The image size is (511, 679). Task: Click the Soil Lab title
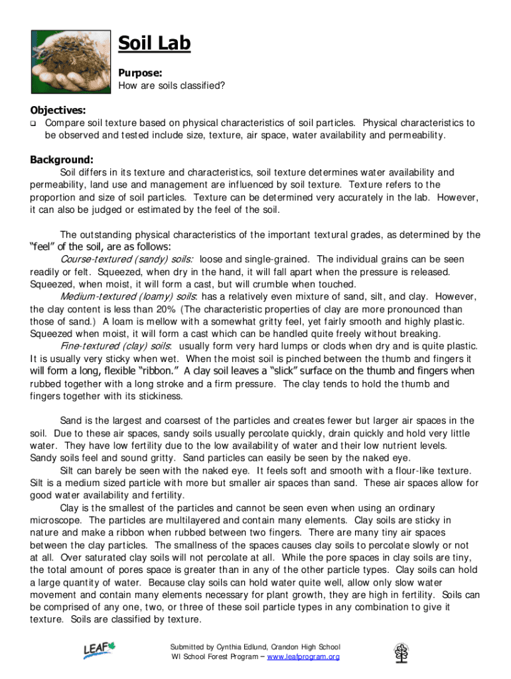point(154,44)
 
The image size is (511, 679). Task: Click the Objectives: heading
point(58,110)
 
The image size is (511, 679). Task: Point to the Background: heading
point(61,160)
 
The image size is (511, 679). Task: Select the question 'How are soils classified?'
point(171,86)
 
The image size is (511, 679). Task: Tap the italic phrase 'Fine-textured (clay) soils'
point(115,346)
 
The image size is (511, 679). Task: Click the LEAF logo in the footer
point(99,652)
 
